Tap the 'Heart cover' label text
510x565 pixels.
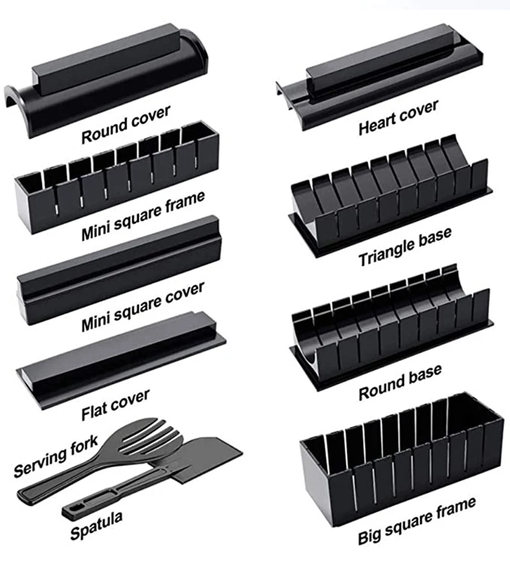click(x=398, y=117)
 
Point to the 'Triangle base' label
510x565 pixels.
click(x=405, y=246)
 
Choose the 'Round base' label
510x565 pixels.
click(x=400, y=382)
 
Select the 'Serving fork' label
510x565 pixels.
click(x=56, y=456)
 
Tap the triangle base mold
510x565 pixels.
click(x=387, y=194)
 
